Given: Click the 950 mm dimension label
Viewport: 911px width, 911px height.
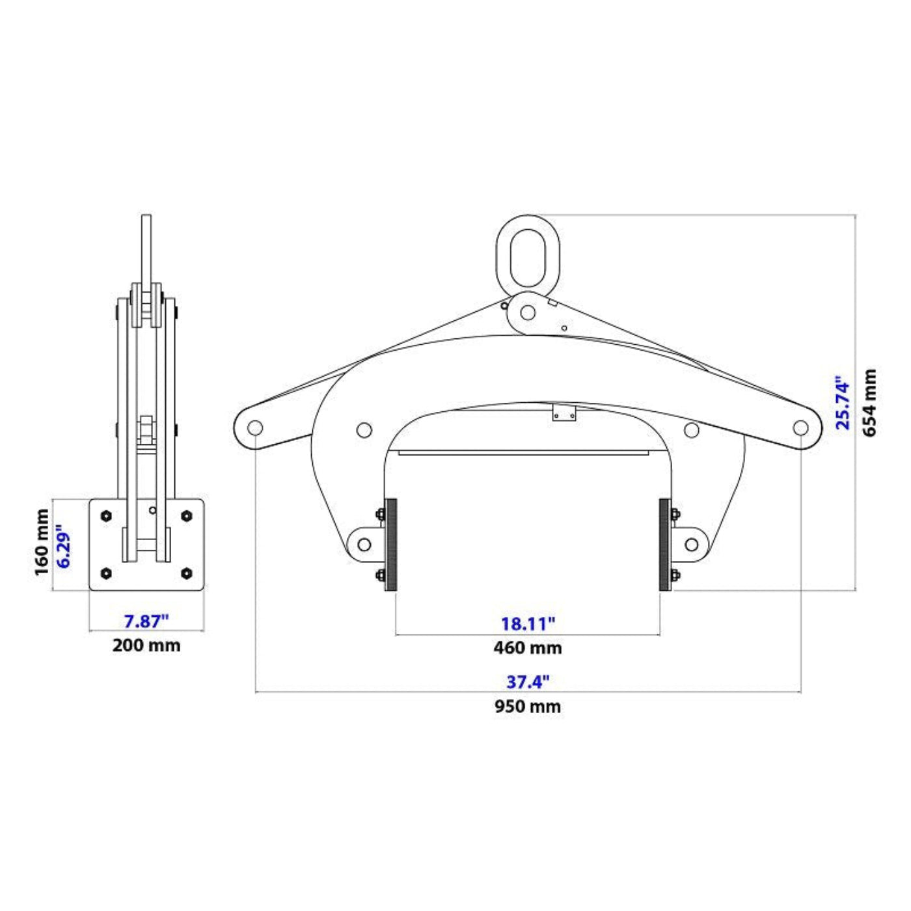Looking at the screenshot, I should tap(527, 706).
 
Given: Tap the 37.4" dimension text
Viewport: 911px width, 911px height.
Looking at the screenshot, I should tap(528, 682).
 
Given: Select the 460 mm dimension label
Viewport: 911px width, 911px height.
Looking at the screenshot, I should tap(527, 647).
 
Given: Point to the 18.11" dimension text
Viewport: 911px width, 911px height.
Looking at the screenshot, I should tap(528, 623).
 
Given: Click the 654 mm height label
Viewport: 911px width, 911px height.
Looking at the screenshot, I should tap(870, 402).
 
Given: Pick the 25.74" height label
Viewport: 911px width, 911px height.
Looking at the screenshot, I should tap(843, 402).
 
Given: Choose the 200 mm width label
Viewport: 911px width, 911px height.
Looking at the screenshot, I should tap(146, 646).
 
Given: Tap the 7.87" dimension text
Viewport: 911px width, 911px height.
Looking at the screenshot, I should tap(146, 621).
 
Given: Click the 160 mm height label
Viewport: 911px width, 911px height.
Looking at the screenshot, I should tap(42, 542).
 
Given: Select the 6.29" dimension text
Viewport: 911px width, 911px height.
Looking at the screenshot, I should tap(64, 545).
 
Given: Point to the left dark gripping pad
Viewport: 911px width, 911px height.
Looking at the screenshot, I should tap(391, 545).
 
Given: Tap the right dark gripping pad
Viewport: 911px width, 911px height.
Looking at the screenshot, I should tap(664, 545).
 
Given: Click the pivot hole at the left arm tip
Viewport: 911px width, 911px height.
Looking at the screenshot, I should tap(255, 428).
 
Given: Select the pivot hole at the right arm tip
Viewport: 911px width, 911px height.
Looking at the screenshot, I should tap(800, 428).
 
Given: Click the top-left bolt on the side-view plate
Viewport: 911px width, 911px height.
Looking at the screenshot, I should tap(106, 516).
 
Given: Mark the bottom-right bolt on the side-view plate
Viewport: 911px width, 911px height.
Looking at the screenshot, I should tap(187, 573).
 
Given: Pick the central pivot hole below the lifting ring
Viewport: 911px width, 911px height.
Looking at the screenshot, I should tap(528, 313).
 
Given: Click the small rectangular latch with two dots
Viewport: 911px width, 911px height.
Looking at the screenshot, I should tap(564, 413).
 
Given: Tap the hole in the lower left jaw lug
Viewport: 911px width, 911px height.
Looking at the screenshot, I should tap(364, 545).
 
